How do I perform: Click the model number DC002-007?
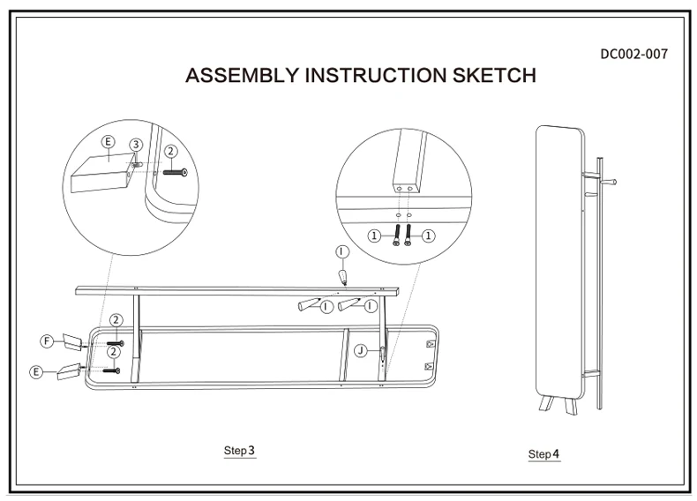[633, 54]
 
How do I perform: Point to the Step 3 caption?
[239, 451]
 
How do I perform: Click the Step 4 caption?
[543, 454]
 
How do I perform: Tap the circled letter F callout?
[47, 340]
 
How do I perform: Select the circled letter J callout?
[361, 350]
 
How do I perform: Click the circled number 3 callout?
[136, 144]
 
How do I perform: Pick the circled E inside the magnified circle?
[108, 141]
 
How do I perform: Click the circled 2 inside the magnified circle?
[170, 152]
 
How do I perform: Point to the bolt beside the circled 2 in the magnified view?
[176, 173]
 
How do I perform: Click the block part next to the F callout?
[71, 341]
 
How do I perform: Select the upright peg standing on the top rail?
[341, 277]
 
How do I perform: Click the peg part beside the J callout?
[382, 355]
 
